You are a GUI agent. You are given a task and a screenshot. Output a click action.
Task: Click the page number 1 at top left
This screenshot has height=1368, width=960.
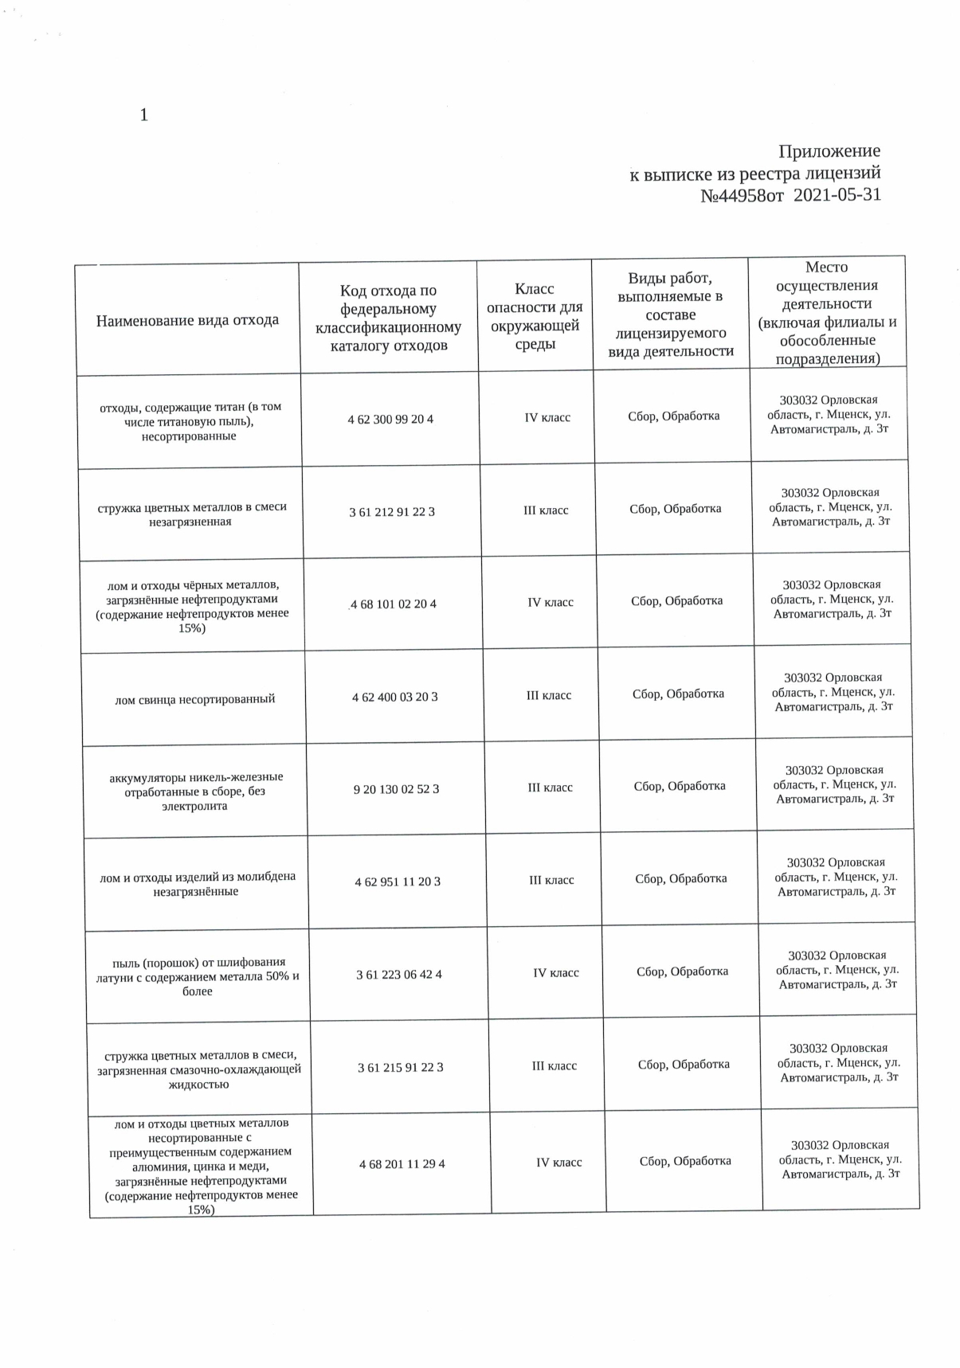tap(143, 115)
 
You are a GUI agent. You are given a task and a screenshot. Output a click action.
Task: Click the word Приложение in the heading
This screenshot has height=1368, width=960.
tap(829, 151)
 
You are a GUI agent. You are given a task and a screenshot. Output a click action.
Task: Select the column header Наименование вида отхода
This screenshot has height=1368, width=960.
tap(187, 320)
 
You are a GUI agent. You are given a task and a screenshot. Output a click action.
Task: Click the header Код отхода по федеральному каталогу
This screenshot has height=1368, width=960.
tap(389, 318)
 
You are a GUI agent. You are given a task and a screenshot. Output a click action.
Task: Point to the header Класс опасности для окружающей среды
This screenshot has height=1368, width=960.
tap(535, 316)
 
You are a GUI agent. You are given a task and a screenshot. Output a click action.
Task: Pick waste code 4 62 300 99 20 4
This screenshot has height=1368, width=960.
tap(390, 419)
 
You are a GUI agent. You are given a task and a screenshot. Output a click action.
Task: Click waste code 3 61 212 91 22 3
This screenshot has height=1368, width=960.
tap(392, 512)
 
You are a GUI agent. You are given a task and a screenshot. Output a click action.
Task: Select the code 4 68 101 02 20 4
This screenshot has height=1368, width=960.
tap(394, 604)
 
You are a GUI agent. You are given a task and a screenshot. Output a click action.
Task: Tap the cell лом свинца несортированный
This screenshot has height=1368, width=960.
tap(195, 699)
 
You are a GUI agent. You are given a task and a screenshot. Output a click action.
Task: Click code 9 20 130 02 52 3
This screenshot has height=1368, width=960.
tap(396, 789)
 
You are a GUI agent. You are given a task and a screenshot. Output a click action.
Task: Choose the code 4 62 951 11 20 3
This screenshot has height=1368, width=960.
tap(398, 881)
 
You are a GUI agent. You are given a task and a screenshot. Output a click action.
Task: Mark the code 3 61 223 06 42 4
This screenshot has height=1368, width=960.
tap(399, 974)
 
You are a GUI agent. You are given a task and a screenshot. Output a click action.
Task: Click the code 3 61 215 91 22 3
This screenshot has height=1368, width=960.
tap(401, 1067)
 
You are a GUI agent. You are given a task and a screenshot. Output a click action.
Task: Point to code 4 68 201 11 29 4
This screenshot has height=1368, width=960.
tap(402, 1164)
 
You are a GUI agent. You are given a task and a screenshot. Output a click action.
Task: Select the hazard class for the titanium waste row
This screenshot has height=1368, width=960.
tap(547, 417)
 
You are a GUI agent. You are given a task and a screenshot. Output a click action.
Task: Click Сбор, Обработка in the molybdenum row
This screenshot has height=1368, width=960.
tap(681, 878)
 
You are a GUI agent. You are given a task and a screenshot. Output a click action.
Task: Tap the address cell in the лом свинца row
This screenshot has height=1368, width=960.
tap(833, 692)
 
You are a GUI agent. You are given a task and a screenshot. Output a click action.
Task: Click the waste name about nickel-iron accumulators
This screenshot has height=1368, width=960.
tap(196, 791)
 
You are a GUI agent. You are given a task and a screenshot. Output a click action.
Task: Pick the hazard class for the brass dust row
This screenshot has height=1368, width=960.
tap(556, 972)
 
